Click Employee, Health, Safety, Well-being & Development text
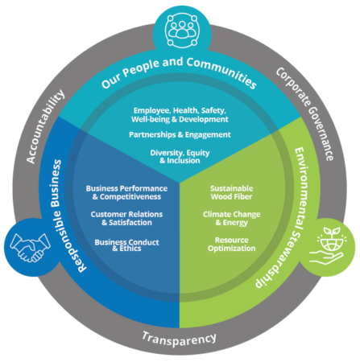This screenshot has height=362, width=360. click(x=180, y=114)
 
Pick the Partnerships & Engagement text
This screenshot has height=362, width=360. click(x=180, y=134)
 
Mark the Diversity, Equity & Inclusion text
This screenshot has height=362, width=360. click(x=180, y=157)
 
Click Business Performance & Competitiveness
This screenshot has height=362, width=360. click(x=127, y=192)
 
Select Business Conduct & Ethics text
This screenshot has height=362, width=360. click(x=127, y=245)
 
